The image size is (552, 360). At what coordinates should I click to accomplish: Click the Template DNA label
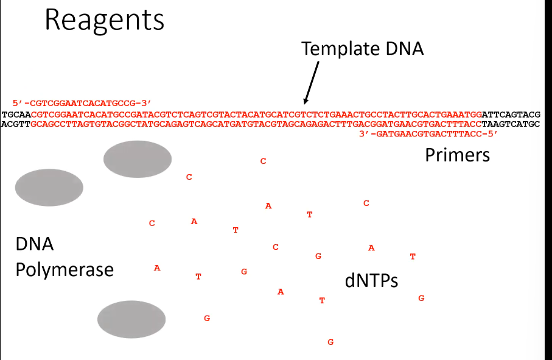point(362,48)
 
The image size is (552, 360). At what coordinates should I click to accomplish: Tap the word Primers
point(457,155)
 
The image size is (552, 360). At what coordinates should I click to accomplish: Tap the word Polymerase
point(65,269)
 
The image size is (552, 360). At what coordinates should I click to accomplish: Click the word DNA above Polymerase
point(35,245)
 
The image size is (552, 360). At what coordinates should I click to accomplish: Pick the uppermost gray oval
point(138,159)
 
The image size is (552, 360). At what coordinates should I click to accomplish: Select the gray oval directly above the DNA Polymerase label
point(49,188)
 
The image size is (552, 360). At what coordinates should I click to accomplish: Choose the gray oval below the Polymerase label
point(131,319)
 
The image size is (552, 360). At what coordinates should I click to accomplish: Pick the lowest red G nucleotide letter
point(330,342)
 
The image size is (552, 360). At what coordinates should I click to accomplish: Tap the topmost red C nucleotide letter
point(263,161)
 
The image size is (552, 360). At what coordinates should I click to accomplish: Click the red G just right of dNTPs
point(421,298)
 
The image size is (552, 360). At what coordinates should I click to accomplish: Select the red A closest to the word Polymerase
point(157,267)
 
